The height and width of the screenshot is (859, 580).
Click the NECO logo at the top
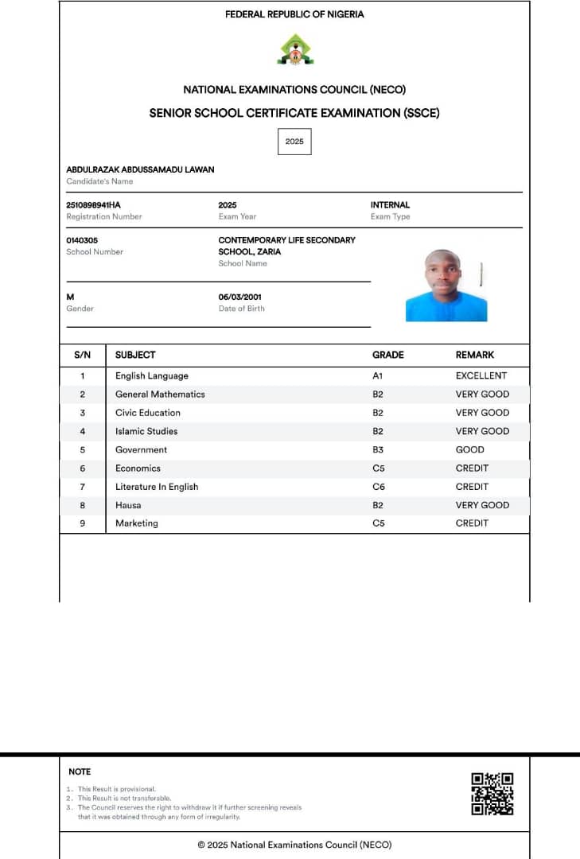[x=294, y=49]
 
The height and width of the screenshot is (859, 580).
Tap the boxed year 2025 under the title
[x=294, y=142]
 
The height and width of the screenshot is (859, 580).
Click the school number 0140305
[x=82, y=240]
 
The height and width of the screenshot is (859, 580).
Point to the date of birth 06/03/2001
[x=240, y=297]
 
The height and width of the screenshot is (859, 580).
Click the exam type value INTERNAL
[x=390, y=205]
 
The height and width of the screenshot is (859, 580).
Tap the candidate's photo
[x=446, y=285]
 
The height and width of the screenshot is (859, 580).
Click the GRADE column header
[x=388, y=355]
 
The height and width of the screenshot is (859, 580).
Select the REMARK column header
[x=474, y=355]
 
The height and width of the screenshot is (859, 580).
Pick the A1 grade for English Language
[x=378, y=376]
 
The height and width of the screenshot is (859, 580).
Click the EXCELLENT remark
[x=481, y=376]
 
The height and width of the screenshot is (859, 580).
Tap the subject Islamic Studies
[x=146, y=431]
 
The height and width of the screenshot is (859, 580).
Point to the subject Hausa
[x=128, y=505]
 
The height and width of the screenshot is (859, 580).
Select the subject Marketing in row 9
[x=137, y=523]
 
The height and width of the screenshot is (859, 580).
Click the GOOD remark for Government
[x=469, y=449]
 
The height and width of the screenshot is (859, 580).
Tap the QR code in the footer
[x=492, y=794]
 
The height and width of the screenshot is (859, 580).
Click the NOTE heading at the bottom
[x=80, y=772]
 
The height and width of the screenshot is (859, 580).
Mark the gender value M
[x=70, y=297]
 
